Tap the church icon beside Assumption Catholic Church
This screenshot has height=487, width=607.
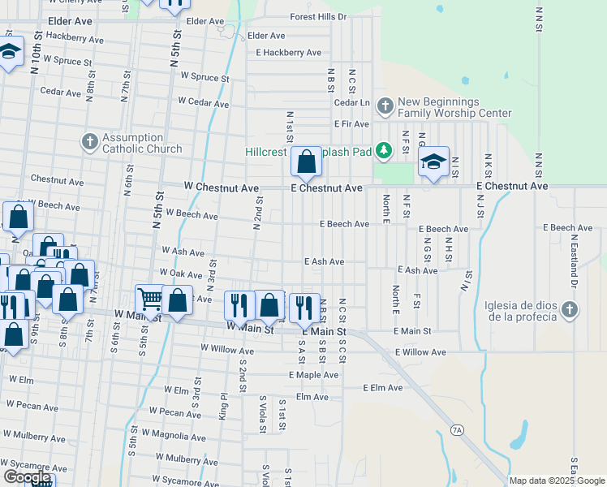coord(90,143)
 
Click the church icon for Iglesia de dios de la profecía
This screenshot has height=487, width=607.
coord(570,309)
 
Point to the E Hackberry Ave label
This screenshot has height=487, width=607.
coord(289,53)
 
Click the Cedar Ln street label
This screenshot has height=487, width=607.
coord(352,103)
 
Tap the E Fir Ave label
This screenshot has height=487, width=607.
coord(351,124)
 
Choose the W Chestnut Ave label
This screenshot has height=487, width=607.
coord(222,188)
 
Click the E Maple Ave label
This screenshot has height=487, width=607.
coord(314,375)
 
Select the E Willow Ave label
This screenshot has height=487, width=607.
coord(420,352)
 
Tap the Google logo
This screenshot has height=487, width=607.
coord(27,477)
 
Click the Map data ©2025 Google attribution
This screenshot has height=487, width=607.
coord(557,481)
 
